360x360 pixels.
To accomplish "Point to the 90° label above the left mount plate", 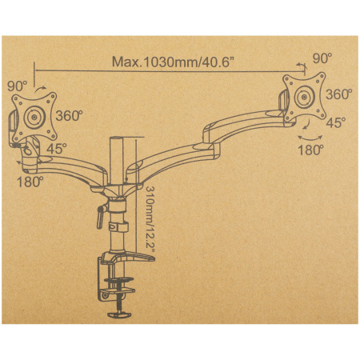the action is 18,86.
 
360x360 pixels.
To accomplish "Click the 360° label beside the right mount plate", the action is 338,94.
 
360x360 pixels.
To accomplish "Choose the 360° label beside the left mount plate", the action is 69,116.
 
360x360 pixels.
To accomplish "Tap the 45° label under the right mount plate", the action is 336,122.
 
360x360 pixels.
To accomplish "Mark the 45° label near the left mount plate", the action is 57,148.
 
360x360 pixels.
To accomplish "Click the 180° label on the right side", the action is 310,150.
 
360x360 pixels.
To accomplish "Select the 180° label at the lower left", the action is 30,182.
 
